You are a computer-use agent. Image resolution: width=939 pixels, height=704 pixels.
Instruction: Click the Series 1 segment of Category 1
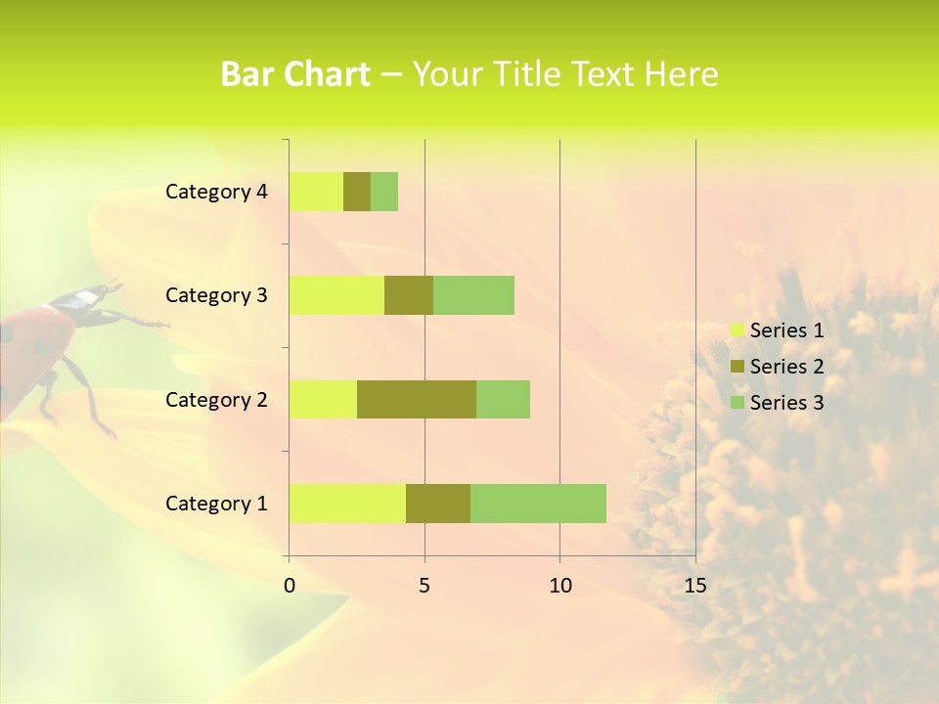tap(347, 504)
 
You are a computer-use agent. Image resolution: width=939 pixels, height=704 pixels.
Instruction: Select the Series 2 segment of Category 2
tap(417, 399)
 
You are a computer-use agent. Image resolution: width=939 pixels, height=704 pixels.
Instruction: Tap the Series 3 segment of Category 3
tap(473, 295)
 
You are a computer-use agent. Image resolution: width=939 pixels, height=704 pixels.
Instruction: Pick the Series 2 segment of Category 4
tap(357, 192)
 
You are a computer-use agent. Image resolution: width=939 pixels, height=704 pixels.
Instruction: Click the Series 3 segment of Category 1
tap(538, 504)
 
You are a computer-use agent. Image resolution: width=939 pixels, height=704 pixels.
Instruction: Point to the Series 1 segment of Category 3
tap(336, 295)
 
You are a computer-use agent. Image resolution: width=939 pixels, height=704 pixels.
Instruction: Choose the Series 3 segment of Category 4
tap(384, 192)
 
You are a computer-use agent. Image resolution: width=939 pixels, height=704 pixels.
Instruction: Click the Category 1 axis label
tap(216, 504)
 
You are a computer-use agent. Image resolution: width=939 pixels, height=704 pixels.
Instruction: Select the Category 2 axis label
tap(216, 399)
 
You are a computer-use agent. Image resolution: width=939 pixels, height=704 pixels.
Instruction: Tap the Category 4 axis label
tap(216, 192)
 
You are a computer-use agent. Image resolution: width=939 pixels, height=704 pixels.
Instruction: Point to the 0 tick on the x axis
tap(290, 586)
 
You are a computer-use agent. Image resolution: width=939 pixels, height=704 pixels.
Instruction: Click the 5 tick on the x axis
tap(425, 586)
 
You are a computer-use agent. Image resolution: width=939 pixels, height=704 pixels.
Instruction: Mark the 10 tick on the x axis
tap(559, 586)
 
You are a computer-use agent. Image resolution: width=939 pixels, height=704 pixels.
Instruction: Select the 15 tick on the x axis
tap(694, 586)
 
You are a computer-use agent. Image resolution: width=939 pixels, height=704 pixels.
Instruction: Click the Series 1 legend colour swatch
tap(737, 330)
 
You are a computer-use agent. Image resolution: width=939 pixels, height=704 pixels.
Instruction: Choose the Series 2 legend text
tap(786, 367)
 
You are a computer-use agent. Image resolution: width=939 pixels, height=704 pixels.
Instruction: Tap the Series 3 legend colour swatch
tap(737, 403)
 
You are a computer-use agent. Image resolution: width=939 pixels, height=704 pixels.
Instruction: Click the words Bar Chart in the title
tap(295, 74)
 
